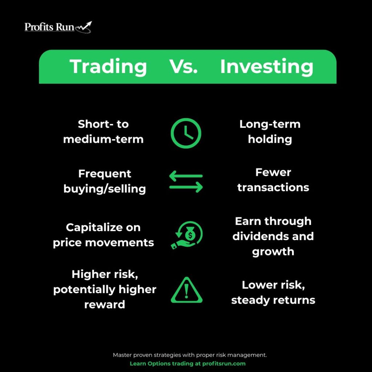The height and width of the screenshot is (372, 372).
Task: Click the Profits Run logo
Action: (58, 27)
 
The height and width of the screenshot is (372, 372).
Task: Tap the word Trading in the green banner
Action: (108, 67)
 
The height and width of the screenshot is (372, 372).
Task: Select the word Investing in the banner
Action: (267, 67)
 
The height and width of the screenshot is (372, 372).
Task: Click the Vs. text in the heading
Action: (183, 66)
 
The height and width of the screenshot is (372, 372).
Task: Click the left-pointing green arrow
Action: (186, 176)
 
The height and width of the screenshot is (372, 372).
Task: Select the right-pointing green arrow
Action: (186, 187)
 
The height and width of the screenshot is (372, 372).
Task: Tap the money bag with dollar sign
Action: (190, 234)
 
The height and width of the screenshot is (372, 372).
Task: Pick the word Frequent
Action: (105, 174)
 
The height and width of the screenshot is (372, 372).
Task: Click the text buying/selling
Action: (105, 189)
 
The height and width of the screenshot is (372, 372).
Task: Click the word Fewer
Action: (273, 172)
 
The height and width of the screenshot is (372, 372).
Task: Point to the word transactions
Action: (273, 187)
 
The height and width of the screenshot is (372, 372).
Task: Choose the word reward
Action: (105, 305)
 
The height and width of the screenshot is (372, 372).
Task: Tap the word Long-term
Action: (270, 124)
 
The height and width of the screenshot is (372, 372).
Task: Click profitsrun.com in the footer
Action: (224, 363)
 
